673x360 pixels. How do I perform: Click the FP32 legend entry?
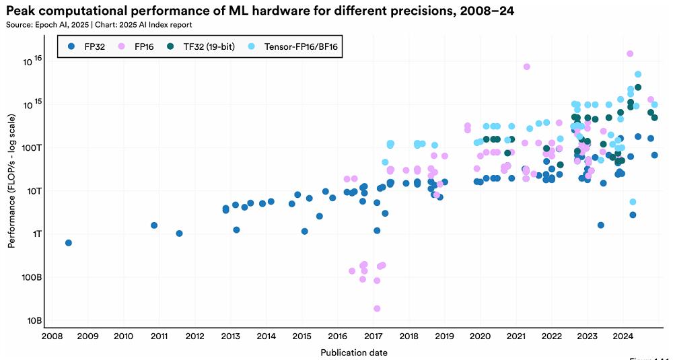pyautogui.click(x=87, y=46)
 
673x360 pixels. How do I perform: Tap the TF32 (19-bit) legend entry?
pyautogui.click(x=200, y=46)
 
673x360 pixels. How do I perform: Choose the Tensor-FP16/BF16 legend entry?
pyautogui.click(x=291, y=46)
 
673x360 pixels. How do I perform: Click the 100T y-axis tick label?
pyautogui.click(x=30, y=147)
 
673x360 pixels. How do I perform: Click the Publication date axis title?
pyautogui.click(x=354, y=353)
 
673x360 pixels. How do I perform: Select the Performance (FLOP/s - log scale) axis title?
pyautogui.click(x=11, y=181)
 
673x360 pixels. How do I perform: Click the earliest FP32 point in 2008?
pyautogui.click(x=68, y=243)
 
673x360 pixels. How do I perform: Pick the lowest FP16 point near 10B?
pyautogui.click(x=377, y=308)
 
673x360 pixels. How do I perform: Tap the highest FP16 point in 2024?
pyautogui.click(x=630, y=54)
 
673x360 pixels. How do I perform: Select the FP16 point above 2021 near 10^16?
pyautogui.click(x=527, y=67)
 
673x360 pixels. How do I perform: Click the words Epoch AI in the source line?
pyautogui.click(x=41, y=25)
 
